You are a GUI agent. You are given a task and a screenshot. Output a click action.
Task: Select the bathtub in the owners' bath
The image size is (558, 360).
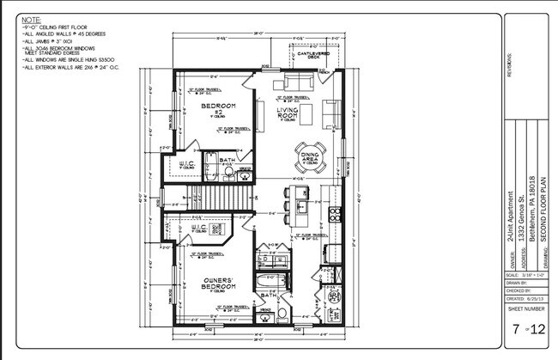266,281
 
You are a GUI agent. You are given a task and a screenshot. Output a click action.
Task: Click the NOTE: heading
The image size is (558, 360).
30,18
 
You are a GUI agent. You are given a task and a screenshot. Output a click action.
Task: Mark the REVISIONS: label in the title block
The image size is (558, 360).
511,63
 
